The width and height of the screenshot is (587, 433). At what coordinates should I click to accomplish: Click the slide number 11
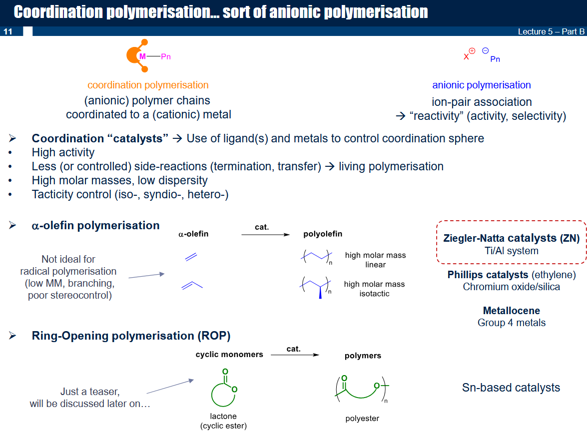click(8, 31)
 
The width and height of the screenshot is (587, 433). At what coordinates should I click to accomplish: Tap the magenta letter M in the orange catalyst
click(142, 56)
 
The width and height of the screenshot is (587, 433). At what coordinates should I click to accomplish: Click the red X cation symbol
click(466, 57)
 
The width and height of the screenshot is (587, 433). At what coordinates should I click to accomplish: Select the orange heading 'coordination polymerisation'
click(148, 85)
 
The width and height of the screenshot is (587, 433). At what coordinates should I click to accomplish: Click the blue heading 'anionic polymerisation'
click(482, 85)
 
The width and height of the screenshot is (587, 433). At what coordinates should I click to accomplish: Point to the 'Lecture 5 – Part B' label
click(551, 31)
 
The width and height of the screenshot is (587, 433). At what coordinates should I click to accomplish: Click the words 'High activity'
click(63, 152)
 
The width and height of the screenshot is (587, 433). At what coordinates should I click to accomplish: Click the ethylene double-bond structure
click(191, 257)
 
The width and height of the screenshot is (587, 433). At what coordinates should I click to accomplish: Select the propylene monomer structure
click(192, 285)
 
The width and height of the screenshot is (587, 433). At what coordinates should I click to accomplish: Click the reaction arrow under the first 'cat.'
click(265, 235)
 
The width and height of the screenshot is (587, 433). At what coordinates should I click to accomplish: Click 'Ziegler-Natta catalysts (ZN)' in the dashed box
click(512, 238)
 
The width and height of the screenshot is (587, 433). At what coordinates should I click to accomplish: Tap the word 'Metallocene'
click(512, 311)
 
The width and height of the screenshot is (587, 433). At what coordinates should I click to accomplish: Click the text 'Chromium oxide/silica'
click(512, 287)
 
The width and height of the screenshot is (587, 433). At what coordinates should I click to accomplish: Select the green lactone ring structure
click(224, 389)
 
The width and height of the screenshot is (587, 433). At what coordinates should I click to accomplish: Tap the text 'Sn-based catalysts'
click(511, 388)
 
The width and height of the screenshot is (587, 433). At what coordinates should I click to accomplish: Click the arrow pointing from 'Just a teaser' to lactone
click(170, 386)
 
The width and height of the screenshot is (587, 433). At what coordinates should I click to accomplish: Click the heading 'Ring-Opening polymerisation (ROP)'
click(131, 336)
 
